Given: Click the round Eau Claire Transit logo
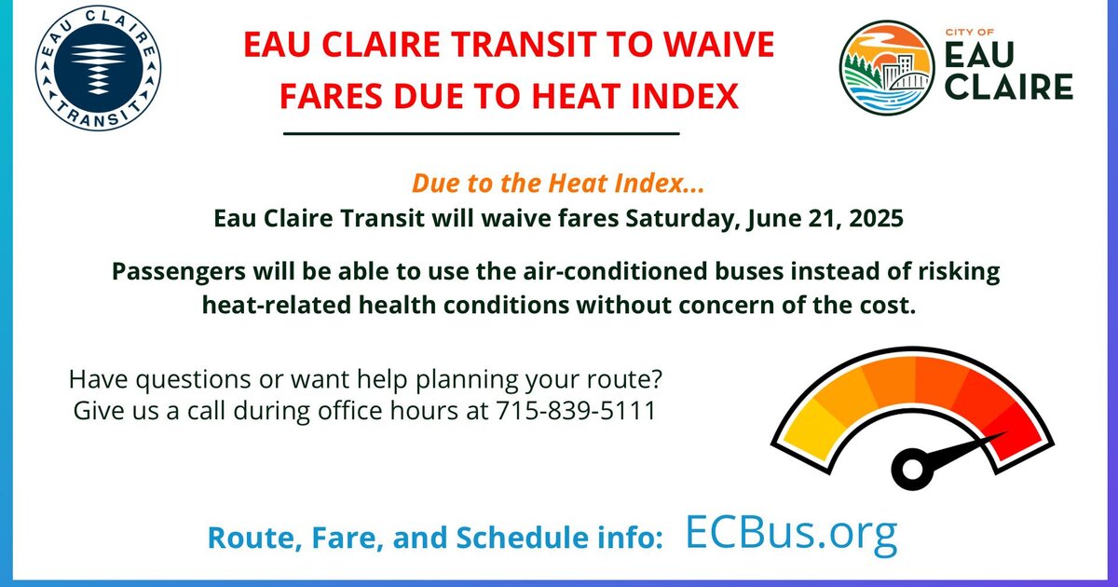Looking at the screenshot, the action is tap(98, 68).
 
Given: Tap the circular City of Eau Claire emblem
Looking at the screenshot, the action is tap(887, 68).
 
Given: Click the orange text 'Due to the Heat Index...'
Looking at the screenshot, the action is tap(558, 184).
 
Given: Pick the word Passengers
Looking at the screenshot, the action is tap(179, 272).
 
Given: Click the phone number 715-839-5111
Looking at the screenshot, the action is tap(576, 411).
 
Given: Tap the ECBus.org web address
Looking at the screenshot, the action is tap(792, 534).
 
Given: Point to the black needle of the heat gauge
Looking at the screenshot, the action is tap(963, 451).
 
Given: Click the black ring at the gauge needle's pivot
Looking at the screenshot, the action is tap(912, 470).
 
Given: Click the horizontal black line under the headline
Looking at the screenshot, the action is tap(481, 134).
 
